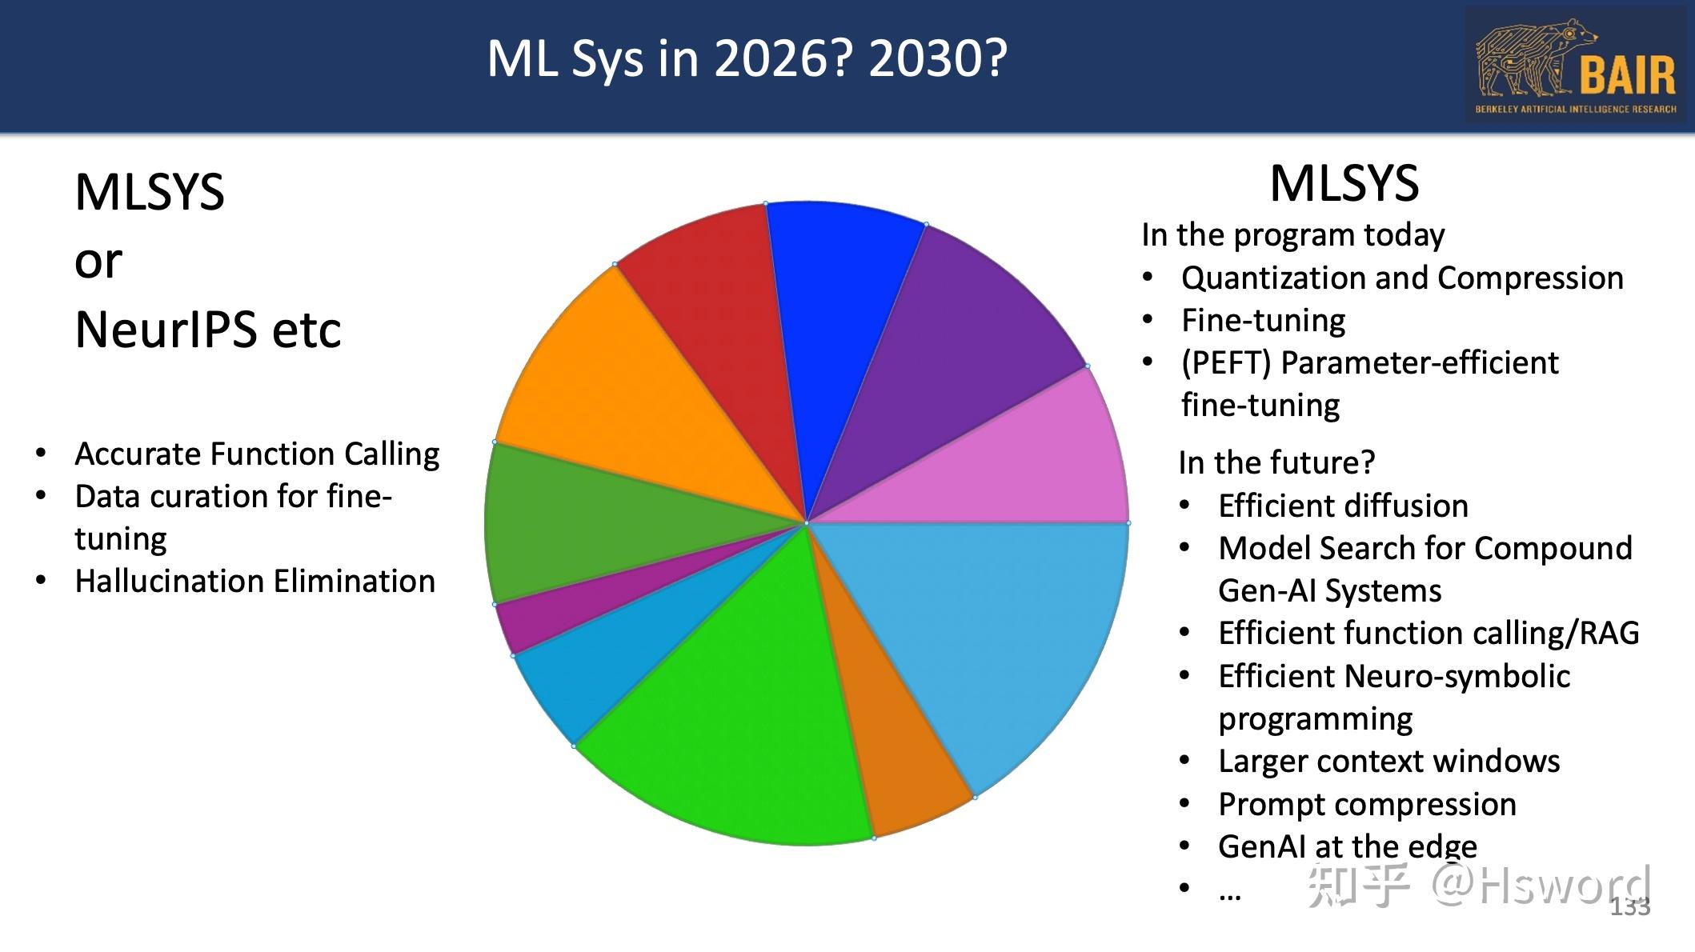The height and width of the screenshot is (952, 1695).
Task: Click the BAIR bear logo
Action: click(x=1575, y=66)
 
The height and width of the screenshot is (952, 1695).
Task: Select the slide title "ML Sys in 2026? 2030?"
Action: click(x=747, y=59)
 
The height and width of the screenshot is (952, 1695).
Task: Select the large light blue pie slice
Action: click(x=1000, y=632)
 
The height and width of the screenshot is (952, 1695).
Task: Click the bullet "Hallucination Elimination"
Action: click(x=254, y=582)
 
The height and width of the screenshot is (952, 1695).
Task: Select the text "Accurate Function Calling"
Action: click(x=257, y=454)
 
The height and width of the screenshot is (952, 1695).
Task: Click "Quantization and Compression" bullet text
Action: click(x=1402, y=278)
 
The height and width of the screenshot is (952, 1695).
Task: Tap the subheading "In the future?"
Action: click(x=1276, y=463)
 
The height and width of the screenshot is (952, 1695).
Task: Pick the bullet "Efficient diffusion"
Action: click(x=1343, y=506)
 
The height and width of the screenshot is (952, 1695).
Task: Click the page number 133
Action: click(x=1629, y=907)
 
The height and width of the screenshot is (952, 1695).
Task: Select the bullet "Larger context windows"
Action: click(x=1388, y=762)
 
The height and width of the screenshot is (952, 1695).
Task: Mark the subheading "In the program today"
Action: click(x=1292, y=235)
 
